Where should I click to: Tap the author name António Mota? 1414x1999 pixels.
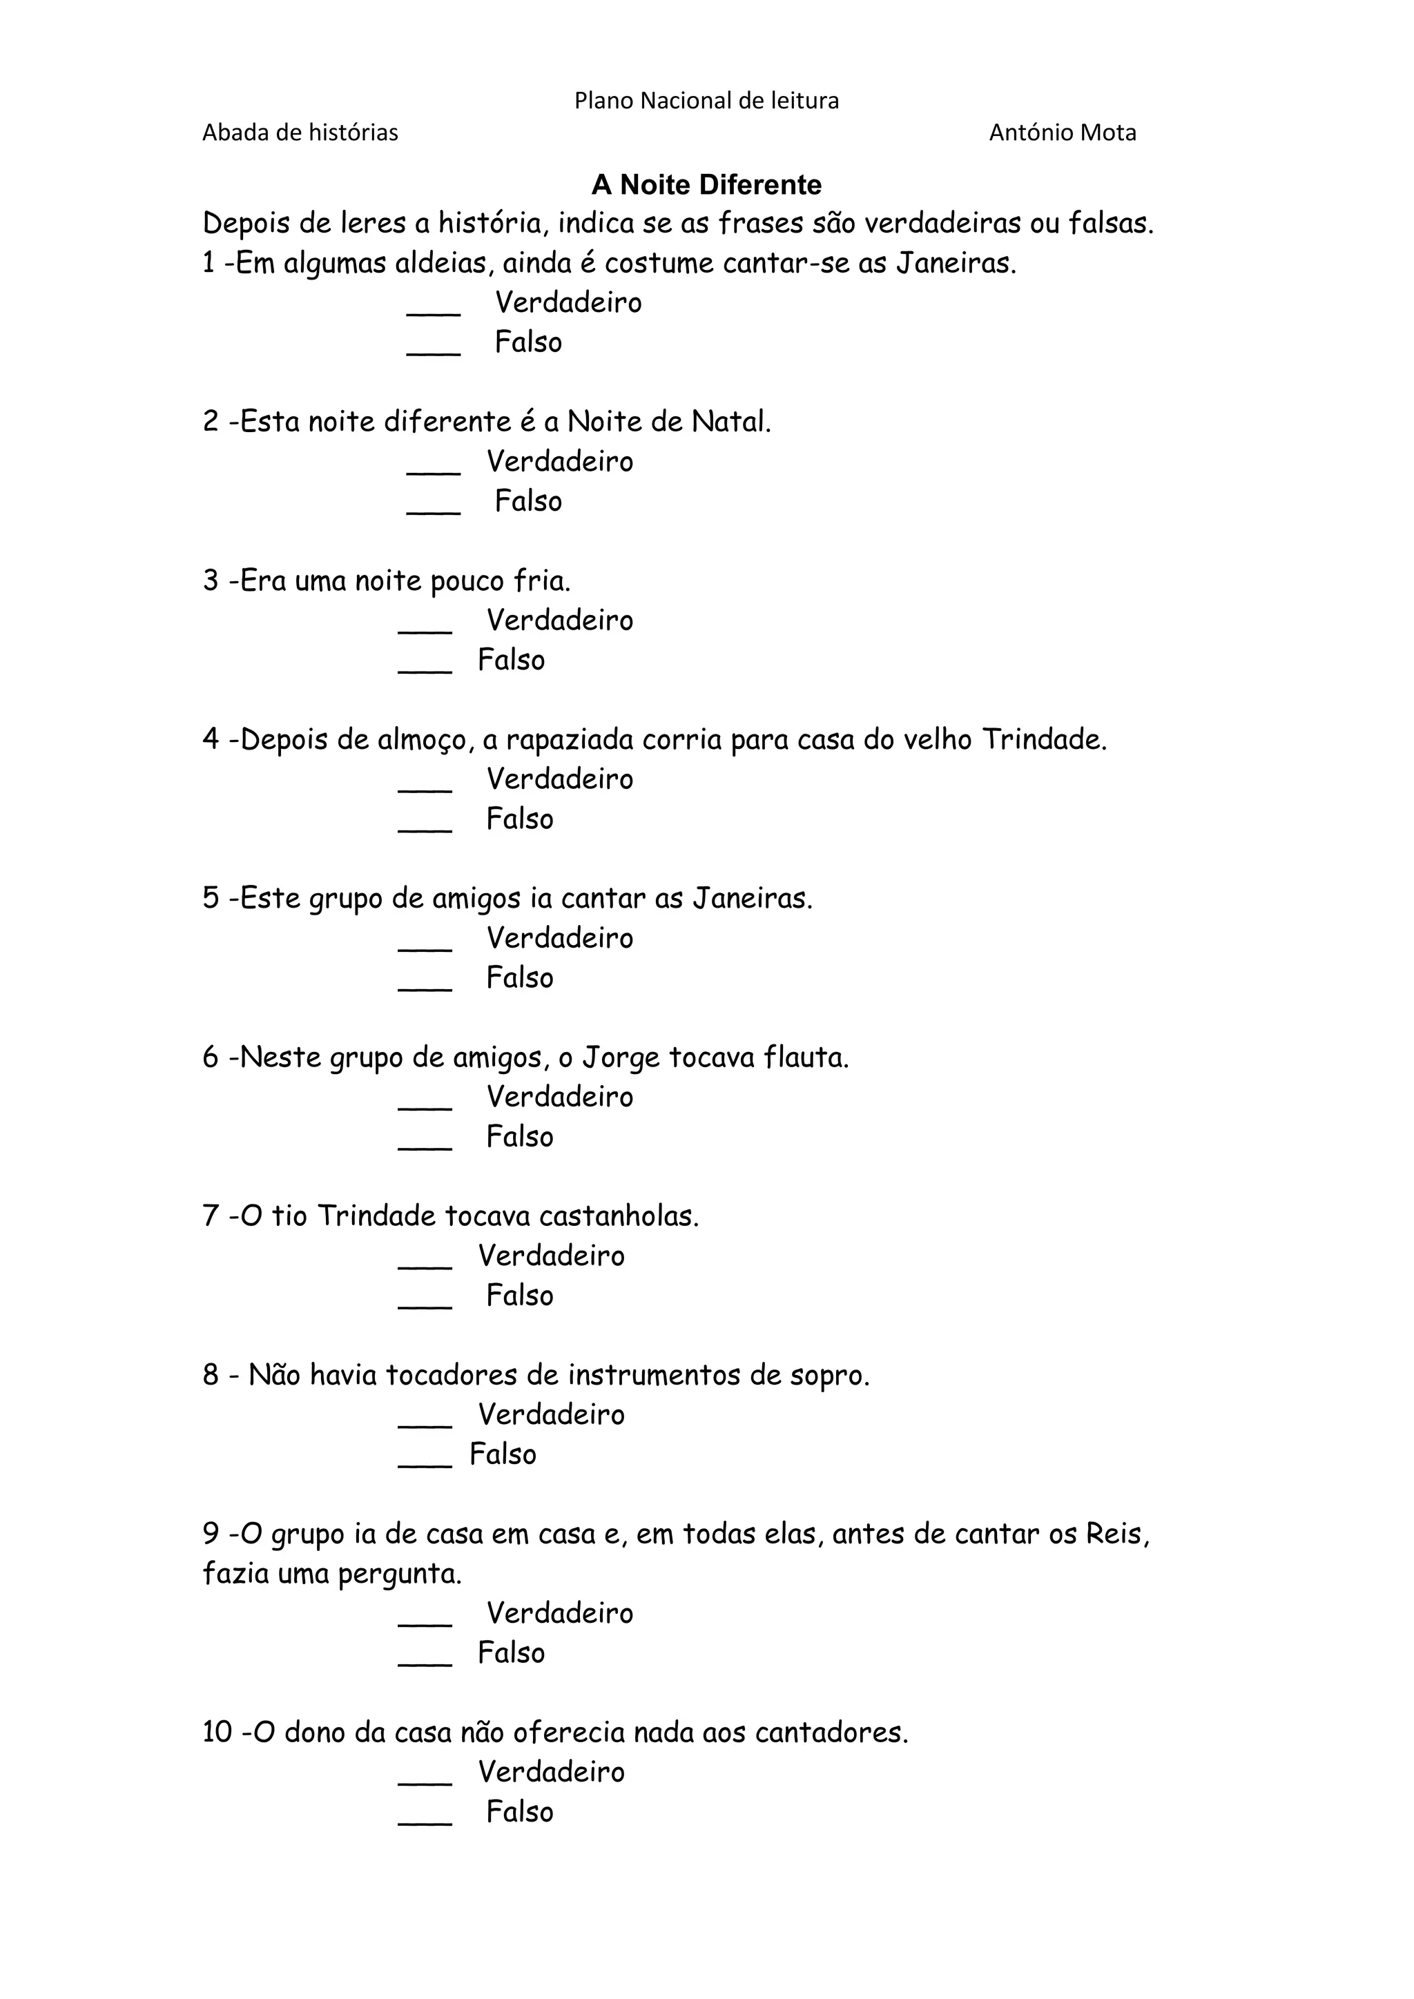click(1063, 133)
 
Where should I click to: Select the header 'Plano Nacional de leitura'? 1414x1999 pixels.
click(706, 101)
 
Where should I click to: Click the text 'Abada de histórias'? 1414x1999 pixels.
click(300, 133)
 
